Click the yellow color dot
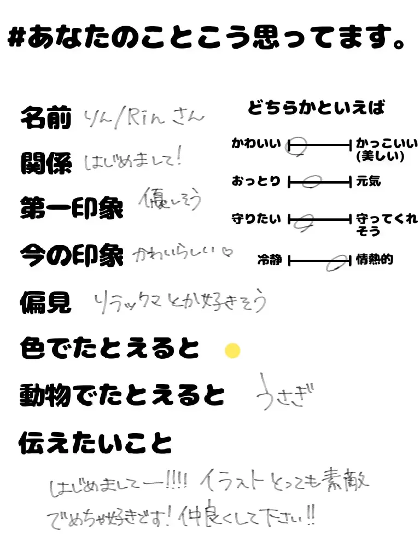coord(233,351)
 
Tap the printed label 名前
coord(46,118)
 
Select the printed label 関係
coord(46,163)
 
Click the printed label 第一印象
coord(72,209)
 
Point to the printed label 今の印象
coord(72,255)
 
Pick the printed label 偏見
coord(46,302)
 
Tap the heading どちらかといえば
coord(316,108)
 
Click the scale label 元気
coord(368,181)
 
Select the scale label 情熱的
coord(374,259)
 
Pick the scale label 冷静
coord(270,260)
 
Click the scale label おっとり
coord(256,181)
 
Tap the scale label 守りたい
coord(256,219)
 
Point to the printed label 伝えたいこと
coord(95,442)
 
